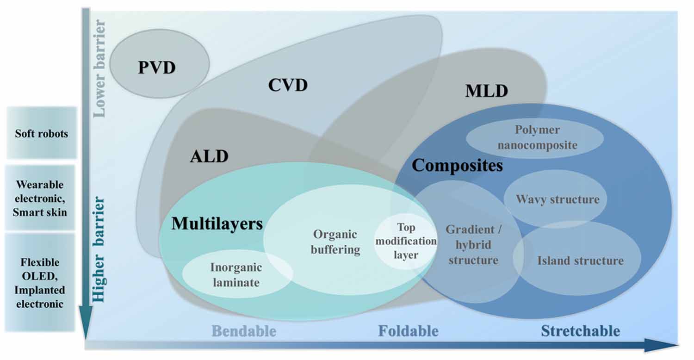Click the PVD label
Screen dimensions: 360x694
(157, 68)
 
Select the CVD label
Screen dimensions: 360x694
(288, 85)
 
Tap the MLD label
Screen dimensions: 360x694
(486, 91)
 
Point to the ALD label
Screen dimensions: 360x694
(209, 156)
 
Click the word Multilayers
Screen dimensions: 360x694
(217, 224)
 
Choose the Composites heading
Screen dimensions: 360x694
(457, 165)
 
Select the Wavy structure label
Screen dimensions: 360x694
(558, 199)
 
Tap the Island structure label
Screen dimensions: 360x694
(580, 261)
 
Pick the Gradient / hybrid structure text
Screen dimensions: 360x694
(473, 244)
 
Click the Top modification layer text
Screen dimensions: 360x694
(406, 241)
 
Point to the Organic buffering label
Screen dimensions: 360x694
(335, 242)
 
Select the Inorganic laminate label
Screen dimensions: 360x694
(236, 274)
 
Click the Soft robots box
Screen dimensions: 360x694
(41, 134)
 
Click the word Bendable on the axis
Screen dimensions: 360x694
(244, 331)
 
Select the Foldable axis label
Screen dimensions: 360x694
(408, 331)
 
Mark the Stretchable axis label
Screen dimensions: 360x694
(580, 331)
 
